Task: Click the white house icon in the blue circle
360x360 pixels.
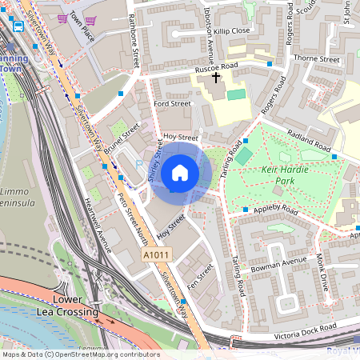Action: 180,172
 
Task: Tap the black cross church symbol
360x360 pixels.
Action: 216,78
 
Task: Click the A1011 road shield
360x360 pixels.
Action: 157,254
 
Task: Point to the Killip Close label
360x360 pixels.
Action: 232,30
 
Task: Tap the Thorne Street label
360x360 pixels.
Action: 317,58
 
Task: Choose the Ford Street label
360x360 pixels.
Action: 172,103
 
